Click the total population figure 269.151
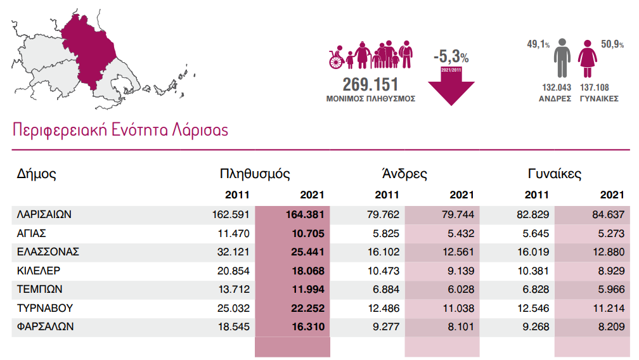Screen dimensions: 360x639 (370, 85)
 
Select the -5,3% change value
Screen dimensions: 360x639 (451, 56)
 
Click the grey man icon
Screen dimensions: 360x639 (561, 58)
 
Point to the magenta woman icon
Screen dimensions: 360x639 (588, 59)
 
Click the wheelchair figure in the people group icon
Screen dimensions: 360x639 (337, 59)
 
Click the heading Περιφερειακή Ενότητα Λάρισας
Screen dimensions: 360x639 (120, 130)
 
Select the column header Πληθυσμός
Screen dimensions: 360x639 (255, 174)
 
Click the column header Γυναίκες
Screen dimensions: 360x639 (555, 174)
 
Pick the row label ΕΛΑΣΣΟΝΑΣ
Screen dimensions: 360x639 (48, 252)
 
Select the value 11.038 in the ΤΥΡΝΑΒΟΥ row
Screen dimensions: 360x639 (456, 309)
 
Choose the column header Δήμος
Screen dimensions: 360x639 (37, 174)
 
